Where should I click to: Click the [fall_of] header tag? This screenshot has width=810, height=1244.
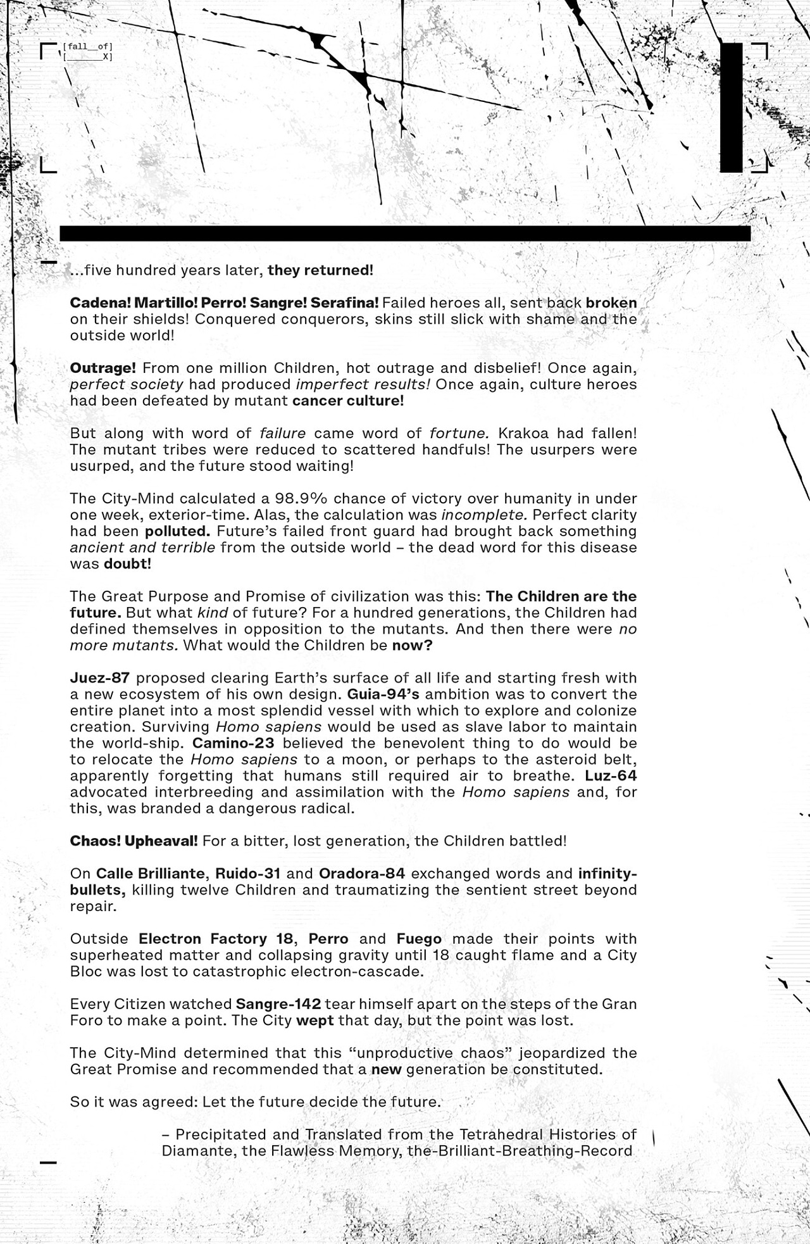click(x=87, y=46)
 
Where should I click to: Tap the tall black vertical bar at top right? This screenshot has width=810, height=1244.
click(x=731, y=108)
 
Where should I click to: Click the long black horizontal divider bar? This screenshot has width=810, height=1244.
click(x=405, y=233)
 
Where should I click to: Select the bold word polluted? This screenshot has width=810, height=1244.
click(x=177, y=531)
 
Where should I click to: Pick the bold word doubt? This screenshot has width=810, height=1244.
click(x=127, y=563)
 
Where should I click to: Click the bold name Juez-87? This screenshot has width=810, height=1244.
click(x=100, y=677)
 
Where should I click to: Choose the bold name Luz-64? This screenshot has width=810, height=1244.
click(x=611, y=776)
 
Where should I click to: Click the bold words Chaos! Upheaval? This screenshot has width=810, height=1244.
click(x=134, y=841)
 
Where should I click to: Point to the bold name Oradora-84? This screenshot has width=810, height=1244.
click(x=362, y=874)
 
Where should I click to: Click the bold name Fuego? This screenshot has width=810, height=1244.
click(x=419, y=939)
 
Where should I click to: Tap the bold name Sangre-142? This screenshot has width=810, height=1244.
click(x=278, y=1004)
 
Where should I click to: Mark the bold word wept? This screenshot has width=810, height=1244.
click(x=315, y=1021)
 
